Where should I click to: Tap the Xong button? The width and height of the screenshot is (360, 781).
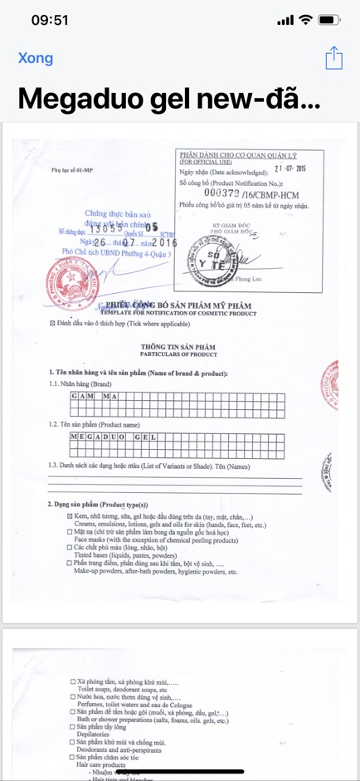click(x=36, y=58)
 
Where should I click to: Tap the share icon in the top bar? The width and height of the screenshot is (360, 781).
click(x=333, y=57)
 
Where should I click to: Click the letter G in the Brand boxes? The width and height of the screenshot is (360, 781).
click(x=75, y=397)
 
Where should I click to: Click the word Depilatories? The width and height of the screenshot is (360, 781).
click(x=98, y=735)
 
